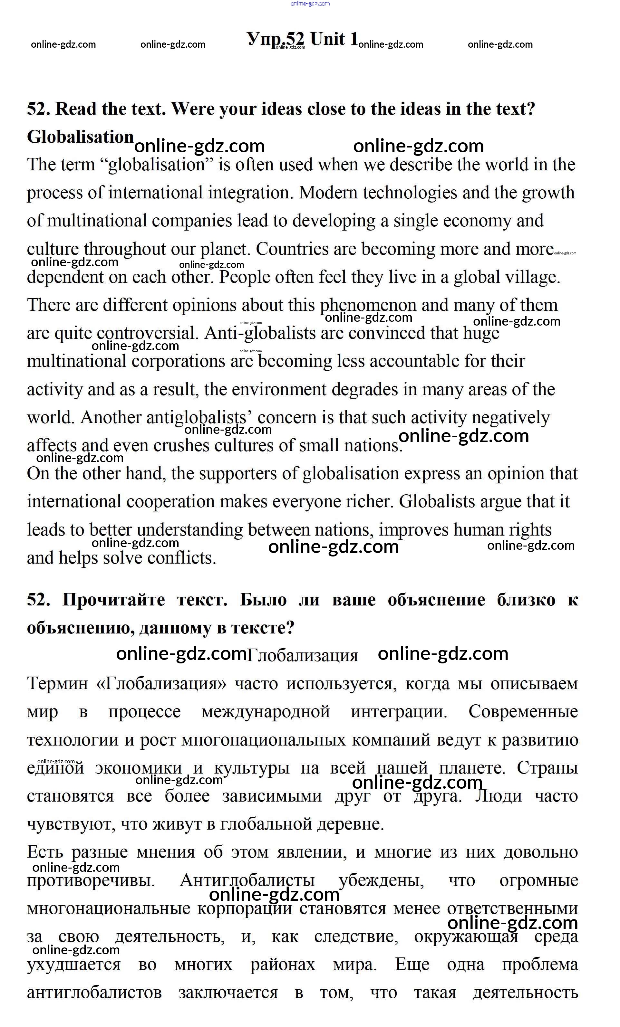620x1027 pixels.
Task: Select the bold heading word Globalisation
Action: pos(80,137)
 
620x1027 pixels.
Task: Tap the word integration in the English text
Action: pos(249,193)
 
